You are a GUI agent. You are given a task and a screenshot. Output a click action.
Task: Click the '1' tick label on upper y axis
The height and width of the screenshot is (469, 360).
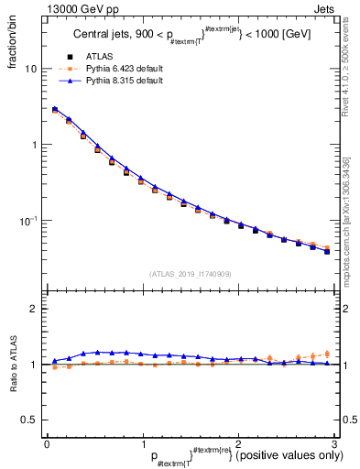click(34, 145)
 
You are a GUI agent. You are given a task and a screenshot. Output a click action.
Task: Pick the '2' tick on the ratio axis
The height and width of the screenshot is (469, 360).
click(34, 309)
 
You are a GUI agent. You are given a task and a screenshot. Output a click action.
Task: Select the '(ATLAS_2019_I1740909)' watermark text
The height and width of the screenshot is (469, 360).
click(190, 274)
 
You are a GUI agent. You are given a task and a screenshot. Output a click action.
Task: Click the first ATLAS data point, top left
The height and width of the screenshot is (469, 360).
click(55, 110)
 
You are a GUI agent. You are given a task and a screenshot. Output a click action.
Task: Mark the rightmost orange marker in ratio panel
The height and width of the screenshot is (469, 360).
click(326, 354)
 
